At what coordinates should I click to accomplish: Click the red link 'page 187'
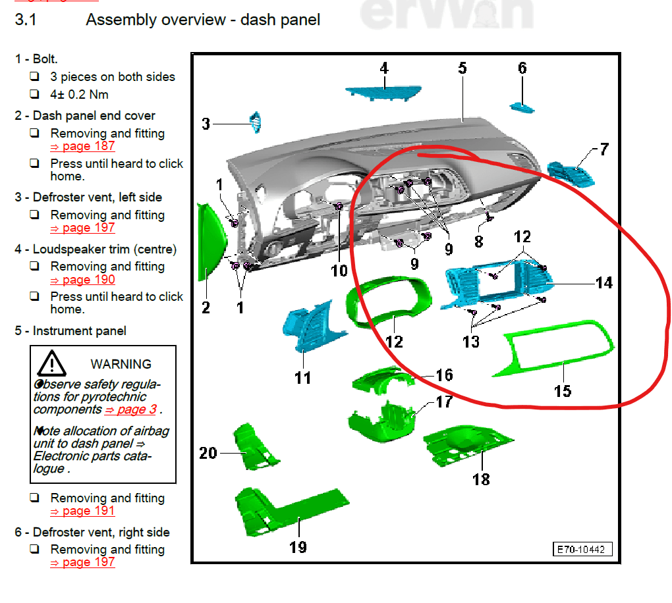[x=82, y=146]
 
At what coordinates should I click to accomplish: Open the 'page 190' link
[x=82, y=279]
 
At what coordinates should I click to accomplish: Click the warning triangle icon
[x=52, y=363]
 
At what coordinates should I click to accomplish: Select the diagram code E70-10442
[x=582, y=548]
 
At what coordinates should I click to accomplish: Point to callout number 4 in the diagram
[x=384, y=68]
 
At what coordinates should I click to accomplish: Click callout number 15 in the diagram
[x=562, y=390]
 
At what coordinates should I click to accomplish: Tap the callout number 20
[x=208, y=452]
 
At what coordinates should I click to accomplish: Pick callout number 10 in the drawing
[x=339, y=270]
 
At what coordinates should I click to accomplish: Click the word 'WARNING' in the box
[x=121, y=363]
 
